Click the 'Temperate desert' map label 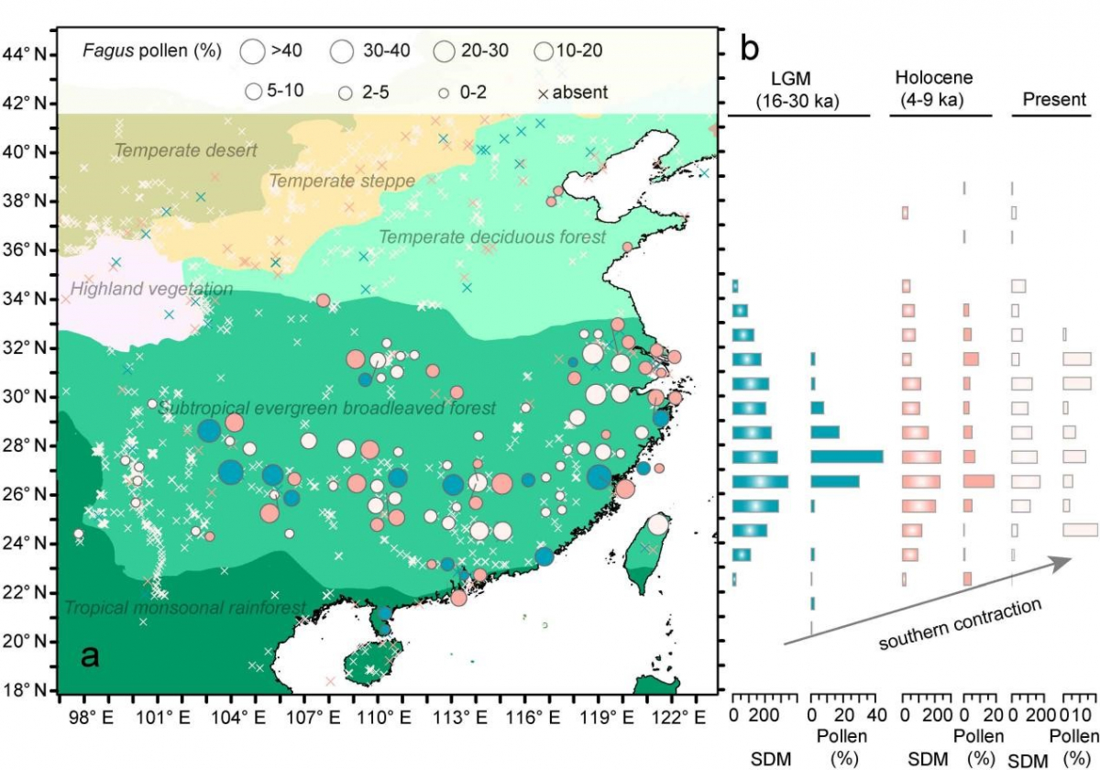pos(186,150)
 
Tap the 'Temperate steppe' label pos(342,181)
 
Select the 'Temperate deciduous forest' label pos(492,237)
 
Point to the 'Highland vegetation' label pos(151,290)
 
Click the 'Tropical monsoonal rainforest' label pos(184,608)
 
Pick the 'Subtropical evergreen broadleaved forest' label pos(326,408)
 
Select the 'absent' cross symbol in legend pos(543,93)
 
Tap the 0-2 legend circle pos(443,93)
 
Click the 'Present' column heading pos(1054,99)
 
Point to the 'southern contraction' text pos(960,624)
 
